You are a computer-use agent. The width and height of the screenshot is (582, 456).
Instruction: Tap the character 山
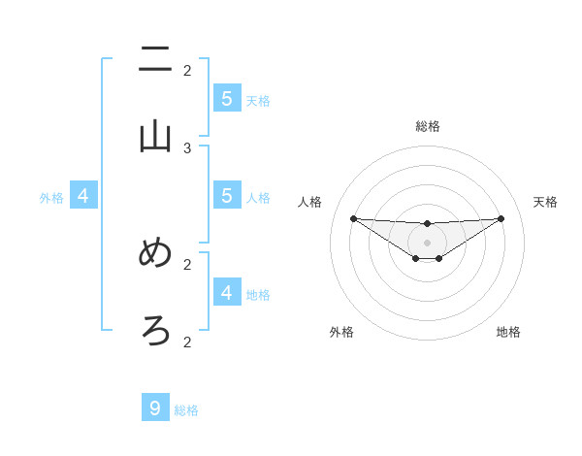156,137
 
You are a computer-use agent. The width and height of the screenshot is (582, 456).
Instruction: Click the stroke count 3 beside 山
187,147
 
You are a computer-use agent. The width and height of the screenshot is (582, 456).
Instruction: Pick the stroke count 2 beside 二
187,70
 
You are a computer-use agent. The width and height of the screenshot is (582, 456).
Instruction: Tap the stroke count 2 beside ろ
187,342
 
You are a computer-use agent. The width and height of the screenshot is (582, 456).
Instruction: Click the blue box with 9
155,408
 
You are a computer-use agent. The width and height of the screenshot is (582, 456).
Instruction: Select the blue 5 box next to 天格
227,99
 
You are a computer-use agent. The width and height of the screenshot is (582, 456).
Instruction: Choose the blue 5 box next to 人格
227,196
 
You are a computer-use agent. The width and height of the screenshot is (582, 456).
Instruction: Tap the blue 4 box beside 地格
227,292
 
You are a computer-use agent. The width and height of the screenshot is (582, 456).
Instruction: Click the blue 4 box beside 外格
83,196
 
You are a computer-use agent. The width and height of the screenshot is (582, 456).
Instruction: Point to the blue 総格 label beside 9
186,410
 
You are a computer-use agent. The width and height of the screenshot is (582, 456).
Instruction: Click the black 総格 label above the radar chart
428,126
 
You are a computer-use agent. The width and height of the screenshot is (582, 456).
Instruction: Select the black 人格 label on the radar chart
310,202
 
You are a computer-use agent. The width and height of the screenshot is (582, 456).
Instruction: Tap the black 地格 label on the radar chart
508,332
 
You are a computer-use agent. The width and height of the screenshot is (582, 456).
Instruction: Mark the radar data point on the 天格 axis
501,218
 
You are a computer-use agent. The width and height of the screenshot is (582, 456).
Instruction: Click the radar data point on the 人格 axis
353,218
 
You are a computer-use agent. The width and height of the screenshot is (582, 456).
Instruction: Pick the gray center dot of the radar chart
427,242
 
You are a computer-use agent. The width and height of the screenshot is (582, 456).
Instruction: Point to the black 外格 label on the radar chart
341,332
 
